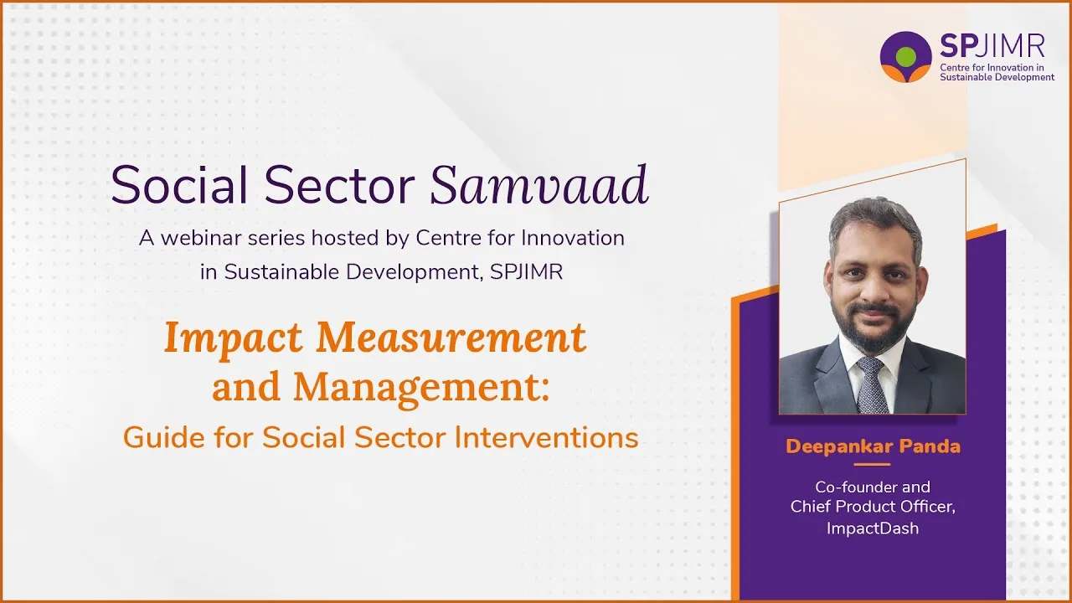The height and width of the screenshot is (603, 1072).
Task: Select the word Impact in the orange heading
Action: (234, 338)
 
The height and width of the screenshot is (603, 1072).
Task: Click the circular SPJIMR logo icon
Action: (905, 57)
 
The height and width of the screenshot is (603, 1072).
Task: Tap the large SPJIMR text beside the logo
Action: (992, 47)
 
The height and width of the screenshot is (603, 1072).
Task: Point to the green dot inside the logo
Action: (905, 56)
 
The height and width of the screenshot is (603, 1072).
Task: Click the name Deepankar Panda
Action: (873, 446)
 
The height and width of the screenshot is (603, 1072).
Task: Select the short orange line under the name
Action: (873, 464)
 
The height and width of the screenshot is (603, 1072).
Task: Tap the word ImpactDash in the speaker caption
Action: (873, 528)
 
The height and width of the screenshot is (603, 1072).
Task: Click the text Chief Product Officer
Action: (873, 508)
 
